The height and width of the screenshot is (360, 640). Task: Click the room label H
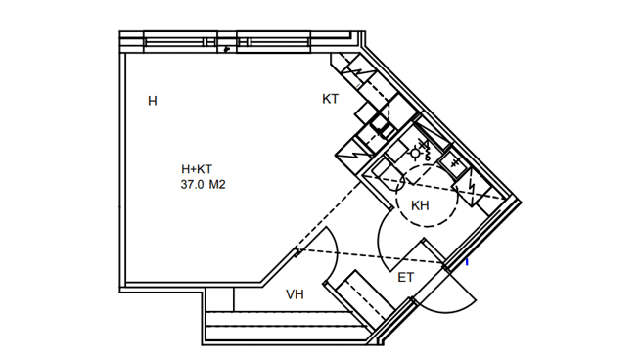coord(153,101)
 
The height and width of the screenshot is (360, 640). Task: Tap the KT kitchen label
coord(330,99)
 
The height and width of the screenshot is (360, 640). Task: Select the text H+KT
coord(197,169)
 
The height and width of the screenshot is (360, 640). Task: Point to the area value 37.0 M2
coord(203,185)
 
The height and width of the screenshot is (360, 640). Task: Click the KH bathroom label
coord(420,205)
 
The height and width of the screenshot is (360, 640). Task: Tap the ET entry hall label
coord(405,278)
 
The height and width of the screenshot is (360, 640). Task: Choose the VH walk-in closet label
coord(295,294)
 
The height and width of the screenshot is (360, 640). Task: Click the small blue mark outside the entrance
coord(467,262)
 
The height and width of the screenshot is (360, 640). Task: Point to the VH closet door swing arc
coord(336,253)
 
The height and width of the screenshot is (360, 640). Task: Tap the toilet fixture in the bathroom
coord(389,175)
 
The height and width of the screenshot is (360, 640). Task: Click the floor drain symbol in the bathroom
coord(415,153)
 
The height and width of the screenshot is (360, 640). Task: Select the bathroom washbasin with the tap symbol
coord(454,164)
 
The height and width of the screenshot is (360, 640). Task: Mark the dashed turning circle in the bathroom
coord(427,196)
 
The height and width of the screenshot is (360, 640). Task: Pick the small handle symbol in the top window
coord(227,49)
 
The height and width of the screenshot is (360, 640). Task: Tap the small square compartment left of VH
coord(219,299)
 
